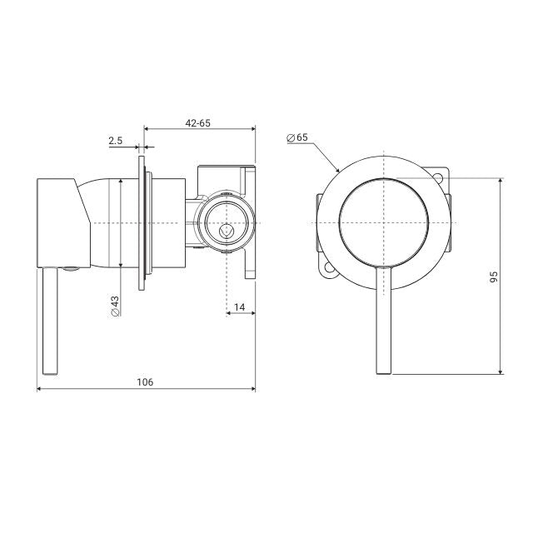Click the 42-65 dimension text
pos(198,122)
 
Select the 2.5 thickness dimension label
pos(115,141)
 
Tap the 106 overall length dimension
pos(145,381)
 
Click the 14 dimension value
pos(240,307)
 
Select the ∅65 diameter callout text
pos(296,136)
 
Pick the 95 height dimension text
pos(493,276)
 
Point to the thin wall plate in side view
pos(144,223)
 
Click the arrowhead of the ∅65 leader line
pos(338,169)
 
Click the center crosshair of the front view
pos(384,223)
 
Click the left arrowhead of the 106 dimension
pos(42,390)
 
